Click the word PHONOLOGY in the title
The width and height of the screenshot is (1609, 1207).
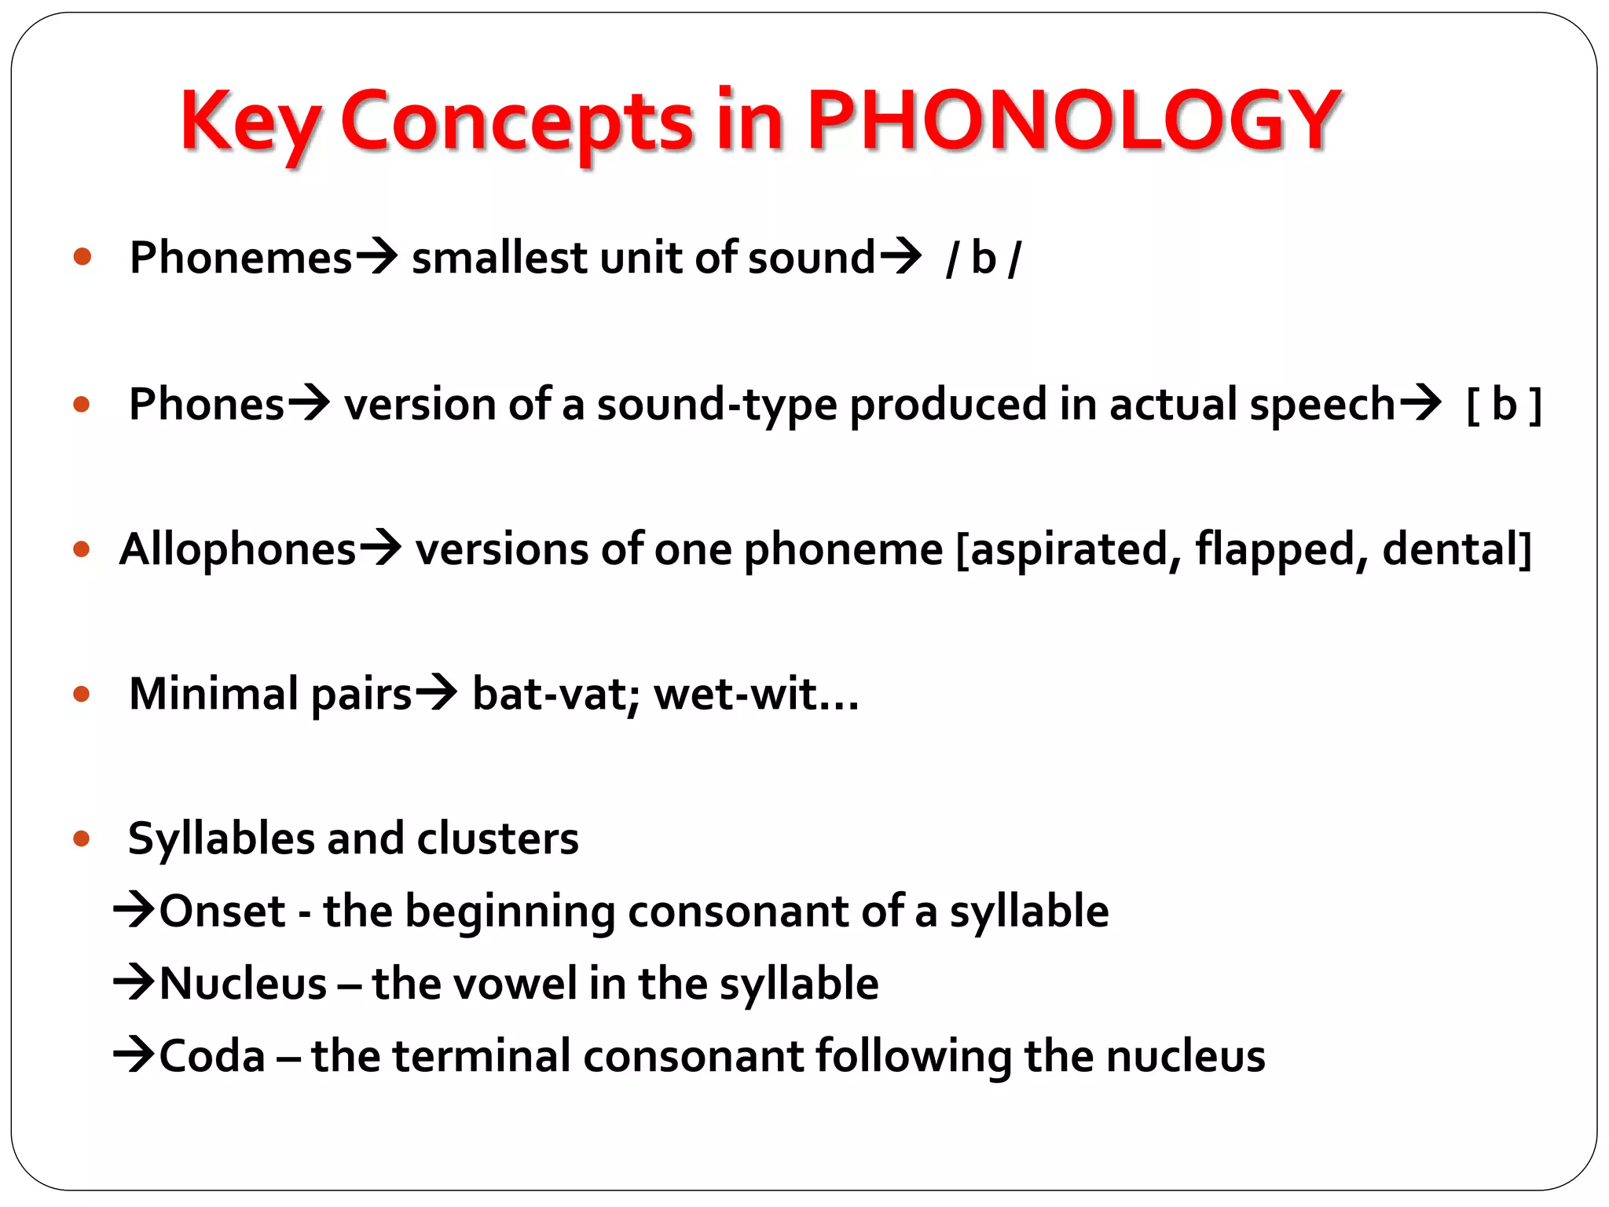1073,121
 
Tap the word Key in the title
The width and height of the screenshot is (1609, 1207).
250,123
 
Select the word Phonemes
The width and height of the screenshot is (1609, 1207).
240,258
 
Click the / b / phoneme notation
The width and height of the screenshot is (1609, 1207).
984,258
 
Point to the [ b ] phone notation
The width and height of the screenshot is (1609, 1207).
1504,405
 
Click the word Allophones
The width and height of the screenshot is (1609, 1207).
237,549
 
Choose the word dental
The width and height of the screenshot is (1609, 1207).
1450,549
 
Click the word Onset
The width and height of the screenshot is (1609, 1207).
222,912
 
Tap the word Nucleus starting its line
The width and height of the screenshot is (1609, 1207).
243,984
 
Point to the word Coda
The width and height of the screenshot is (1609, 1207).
212,1056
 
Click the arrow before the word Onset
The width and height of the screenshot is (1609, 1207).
134,912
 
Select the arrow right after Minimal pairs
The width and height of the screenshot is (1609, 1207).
436,693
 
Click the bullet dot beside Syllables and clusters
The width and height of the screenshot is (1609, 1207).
82,838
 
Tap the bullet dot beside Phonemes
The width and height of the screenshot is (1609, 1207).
82,257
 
